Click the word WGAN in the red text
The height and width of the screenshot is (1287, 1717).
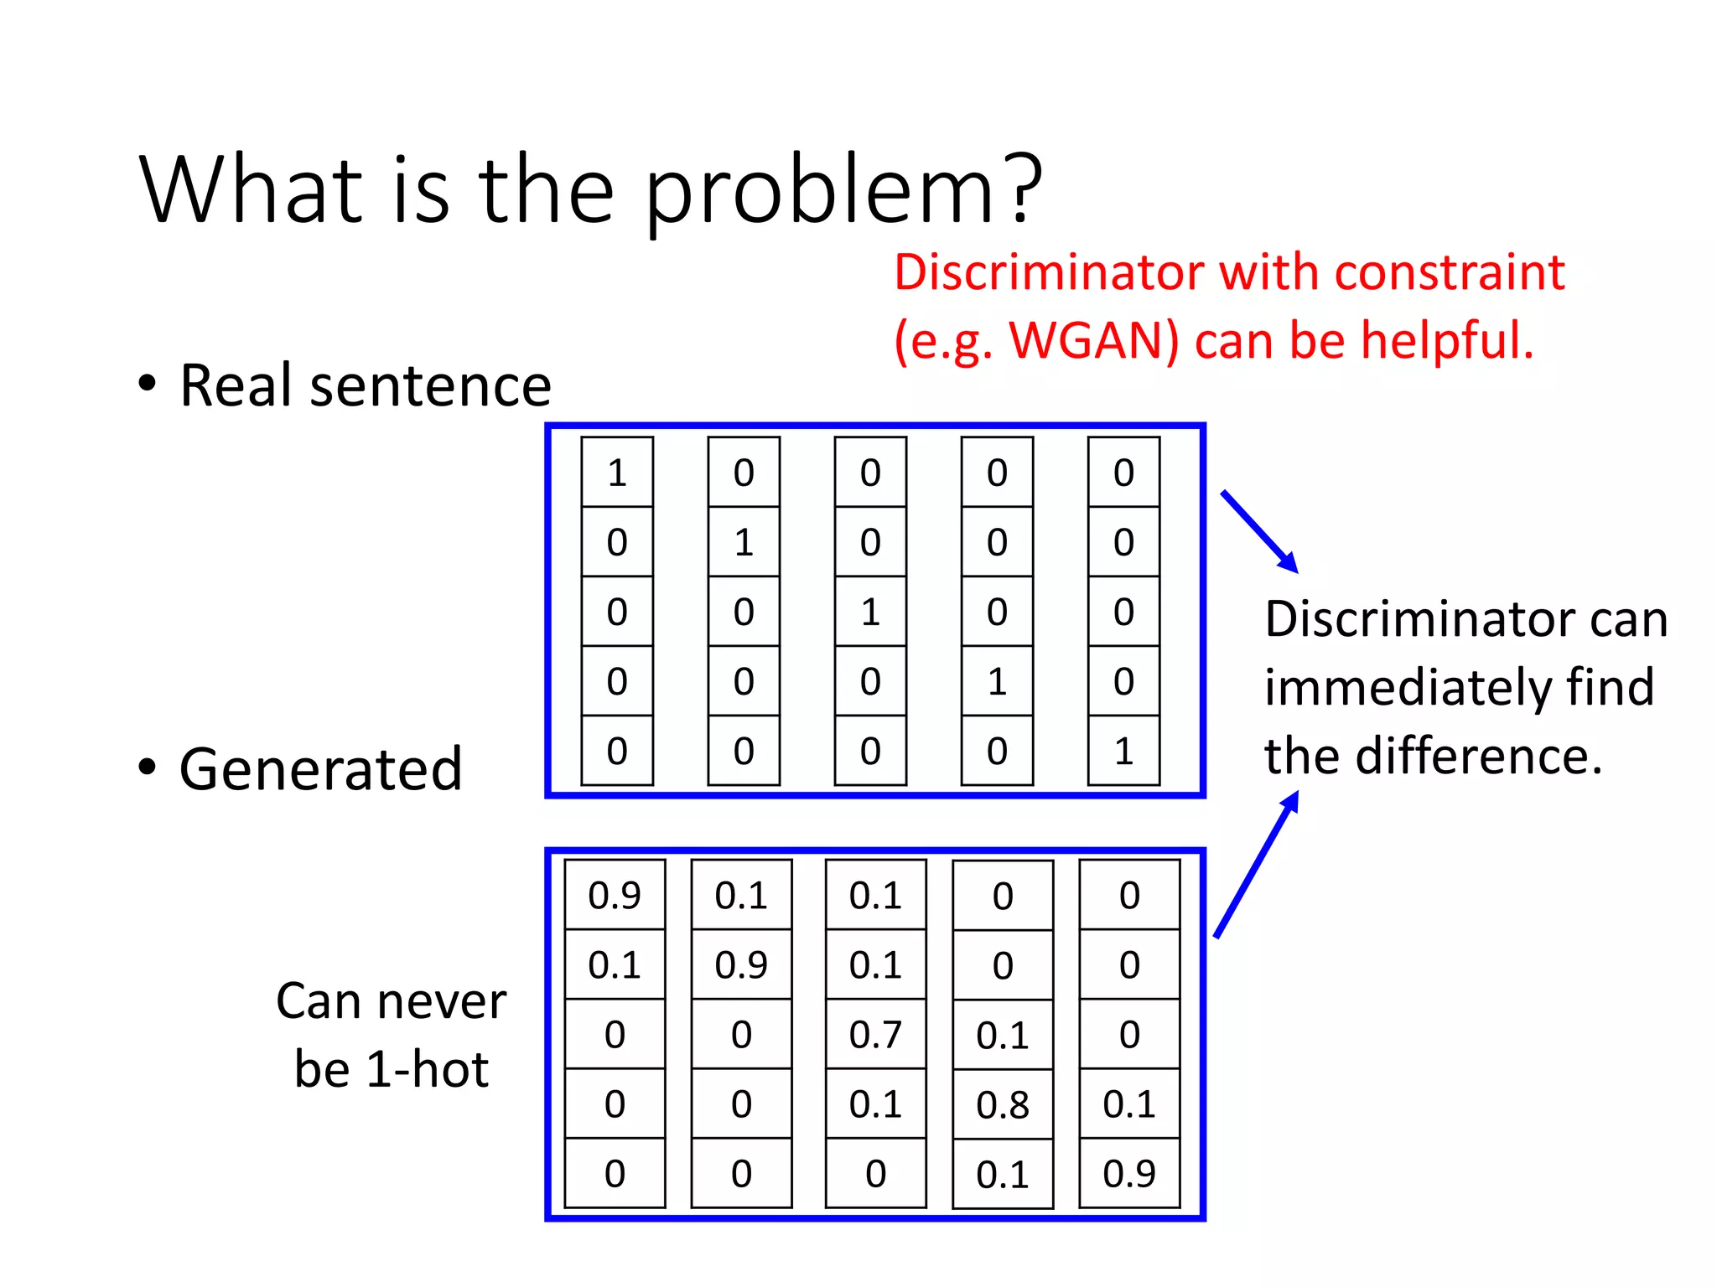point(1093,341)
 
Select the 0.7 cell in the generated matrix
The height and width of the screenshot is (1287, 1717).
point(875,1034)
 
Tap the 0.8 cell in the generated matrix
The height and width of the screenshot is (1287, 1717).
point(1003,1104)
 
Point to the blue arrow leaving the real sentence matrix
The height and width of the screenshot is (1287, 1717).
point(1259,531)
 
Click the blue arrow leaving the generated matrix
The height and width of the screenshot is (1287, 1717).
point(1256,865)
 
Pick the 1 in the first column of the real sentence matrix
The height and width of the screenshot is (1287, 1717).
point(617,473)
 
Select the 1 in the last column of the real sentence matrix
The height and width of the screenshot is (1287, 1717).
point(1123,751)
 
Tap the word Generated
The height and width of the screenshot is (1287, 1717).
point(320,769)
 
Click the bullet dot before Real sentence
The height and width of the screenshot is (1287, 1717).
point(148,384)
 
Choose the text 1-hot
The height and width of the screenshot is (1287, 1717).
point(428,1069)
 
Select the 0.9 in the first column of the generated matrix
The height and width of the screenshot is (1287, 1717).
point(615,895)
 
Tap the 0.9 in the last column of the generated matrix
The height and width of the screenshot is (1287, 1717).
point(1129,1173)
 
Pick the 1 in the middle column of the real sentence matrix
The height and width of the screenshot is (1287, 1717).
point(870,612)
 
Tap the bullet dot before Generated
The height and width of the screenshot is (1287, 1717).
point(148,768)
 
